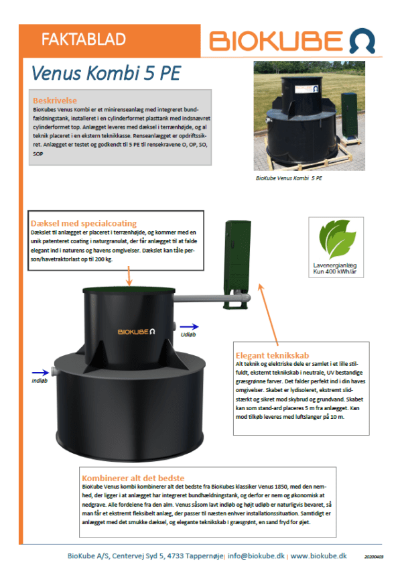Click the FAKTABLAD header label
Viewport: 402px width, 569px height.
83,40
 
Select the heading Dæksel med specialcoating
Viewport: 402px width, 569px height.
84,223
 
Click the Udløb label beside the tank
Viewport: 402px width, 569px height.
188,332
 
